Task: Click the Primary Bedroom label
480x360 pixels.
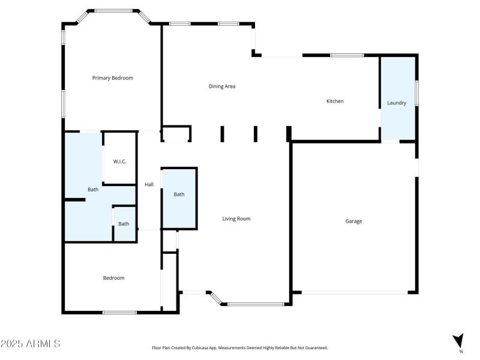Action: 112,78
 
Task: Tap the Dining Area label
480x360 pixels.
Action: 221,86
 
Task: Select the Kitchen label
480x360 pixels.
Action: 335,101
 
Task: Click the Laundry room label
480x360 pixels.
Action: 397,103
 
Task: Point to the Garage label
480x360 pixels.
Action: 353,221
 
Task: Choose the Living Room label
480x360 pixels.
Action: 236,219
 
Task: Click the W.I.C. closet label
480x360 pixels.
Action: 119,161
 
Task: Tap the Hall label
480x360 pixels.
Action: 149,184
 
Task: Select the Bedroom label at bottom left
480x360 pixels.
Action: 113,278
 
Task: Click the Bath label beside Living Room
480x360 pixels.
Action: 179,194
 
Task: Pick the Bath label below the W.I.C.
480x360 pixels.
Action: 124,224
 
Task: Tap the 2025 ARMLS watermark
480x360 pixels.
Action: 31,344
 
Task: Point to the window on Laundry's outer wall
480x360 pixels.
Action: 416,93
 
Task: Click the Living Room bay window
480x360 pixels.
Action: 255,304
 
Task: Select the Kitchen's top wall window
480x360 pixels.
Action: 347,55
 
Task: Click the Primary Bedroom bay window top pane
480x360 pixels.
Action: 113,10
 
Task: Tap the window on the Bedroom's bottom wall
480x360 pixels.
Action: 119,312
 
